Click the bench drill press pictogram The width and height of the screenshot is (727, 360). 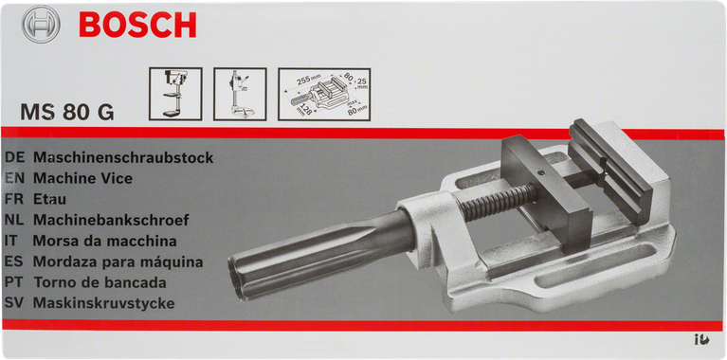click(175, 94)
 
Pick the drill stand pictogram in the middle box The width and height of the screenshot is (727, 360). click(239, 94)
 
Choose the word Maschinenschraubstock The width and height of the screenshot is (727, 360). click(122, 157)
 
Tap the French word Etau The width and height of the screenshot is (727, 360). click(49, 199)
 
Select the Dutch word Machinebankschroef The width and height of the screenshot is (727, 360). click(111, 220)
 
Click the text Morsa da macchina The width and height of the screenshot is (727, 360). click(104, 241)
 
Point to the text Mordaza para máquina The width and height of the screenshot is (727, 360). click(117, 261)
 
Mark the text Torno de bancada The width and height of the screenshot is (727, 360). click(100, 282)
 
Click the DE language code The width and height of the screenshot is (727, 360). click(14, 157)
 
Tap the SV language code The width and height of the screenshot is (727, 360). click(14, 304)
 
